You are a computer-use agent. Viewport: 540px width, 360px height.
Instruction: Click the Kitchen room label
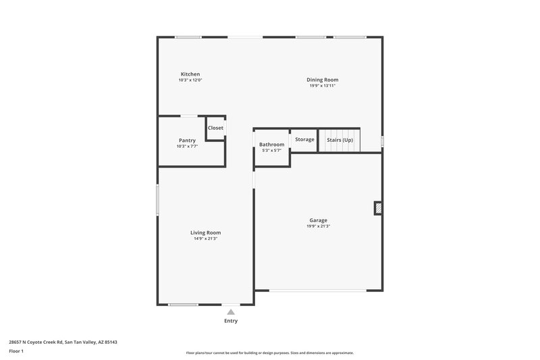190,74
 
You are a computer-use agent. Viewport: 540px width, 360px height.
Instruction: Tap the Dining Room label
323,80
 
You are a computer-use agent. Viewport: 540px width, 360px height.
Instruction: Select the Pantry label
187,140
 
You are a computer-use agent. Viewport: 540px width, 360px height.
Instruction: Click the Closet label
215,128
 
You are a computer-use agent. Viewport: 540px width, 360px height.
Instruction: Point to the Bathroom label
271,145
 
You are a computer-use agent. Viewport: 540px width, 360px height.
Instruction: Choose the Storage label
304,139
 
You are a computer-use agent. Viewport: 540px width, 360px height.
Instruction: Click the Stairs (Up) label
340,140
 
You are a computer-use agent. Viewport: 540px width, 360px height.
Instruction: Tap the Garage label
318,220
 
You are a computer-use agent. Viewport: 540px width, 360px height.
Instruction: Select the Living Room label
205,232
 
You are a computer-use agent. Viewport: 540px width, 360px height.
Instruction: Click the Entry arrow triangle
231,312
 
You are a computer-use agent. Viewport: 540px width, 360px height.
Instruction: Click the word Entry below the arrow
231,321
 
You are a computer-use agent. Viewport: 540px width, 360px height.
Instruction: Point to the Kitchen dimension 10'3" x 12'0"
190,80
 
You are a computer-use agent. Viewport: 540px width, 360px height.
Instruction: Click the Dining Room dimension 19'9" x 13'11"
323,86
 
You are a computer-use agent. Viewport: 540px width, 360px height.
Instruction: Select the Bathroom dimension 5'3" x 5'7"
271,151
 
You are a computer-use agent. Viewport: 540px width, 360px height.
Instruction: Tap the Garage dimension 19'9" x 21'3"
318,226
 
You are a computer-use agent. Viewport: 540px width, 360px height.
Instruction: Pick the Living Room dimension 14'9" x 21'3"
205,238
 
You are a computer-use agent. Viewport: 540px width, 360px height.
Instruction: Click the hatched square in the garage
378,208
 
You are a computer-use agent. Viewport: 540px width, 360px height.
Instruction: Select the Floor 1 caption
16,352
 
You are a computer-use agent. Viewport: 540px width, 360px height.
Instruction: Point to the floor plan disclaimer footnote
269,353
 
